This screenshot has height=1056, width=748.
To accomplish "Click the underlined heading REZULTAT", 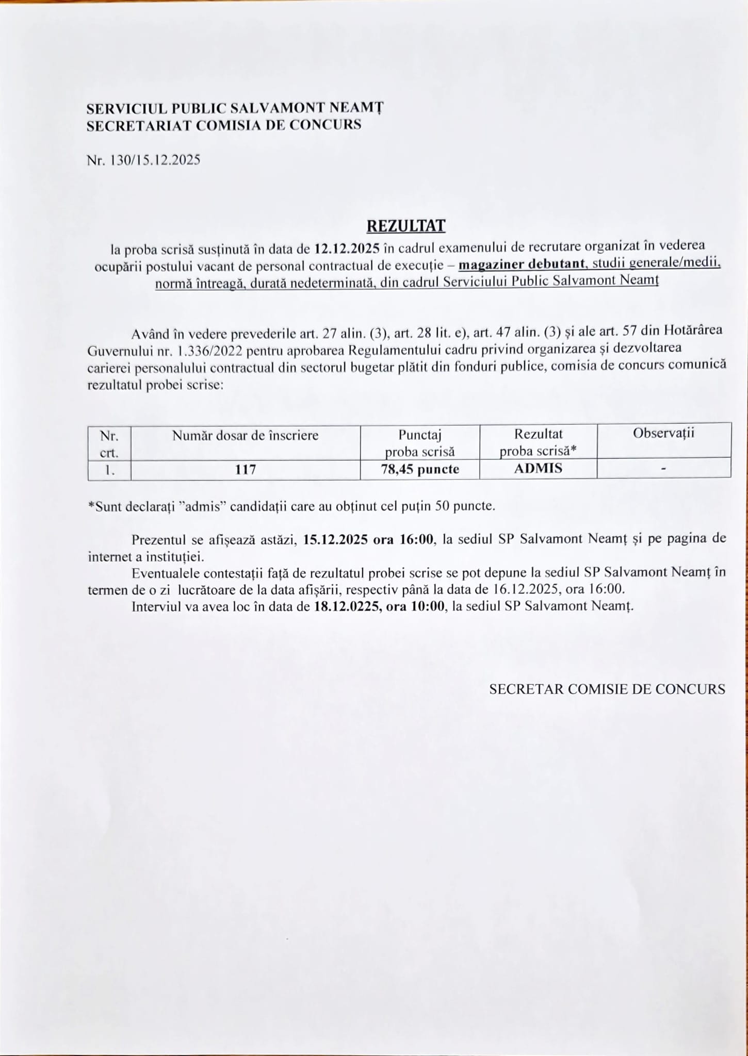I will pyautogui.click(x=405, y=226).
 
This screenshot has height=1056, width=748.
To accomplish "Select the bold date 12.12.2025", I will pyautogui.click(x=347, y=249).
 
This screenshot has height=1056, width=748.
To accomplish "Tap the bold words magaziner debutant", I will pyautogui.click(x=521, y=265).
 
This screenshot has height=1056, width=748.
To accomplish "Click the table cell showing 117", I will pyautogui.click(x=246, y=470).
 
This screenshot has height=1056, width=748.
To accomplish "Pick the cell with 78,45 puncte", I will pyautogui.click(x=420, y=470).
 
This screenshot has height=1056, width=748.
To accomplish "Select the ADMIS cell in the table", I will pyautogui.click(x=538, y=469).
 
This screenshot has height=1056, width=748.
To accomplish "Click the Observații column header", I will pyautogui.click(x=663, y=433).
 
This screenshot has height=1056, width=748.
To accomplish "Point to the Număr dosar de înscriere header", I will pyautogui.click(x=245, y=436).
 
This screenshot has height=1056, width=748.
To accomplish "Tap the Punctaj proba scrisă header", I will pyautogui.click(x=420, y=443).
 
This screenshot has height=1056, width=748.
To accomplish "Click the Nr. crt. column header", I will pyautogui.click(x=109, y=443).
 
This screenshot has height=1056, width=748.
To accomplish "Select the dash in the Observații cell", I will pyautogui.click(x=663, y=469).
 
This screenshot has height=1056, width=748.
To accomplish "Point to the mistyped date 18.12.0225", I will pyautogui.click(x=347, y=606).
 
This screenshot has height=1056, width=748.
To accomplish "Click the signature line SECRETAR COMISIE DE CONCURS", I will pyautogui.click(x=607, y=689).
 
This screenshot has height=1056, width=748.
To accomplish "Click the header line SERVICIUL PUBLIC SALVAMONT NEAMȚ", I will pyautogui.click(x=235, y=109).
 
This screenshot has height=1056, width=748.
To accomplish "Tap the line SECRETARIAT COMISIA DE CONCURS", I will pyautogui.click(x=224, y=125).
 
